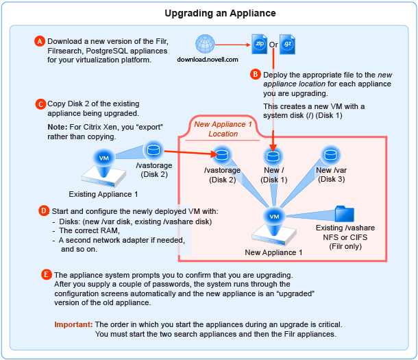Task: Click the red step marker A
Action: pyautogui.click(x=40, y=41)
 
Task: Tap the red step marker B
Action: pyautogui.click(x=256, y=73)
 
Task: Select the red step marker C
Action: pyautogui.click(x=40, y=104)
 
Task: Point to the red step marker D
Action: pyautogui.click(x=45, y=210)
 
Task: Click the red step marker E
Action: pyautogui.click(x=47, y=275)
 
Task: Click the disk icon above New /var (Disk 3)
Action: pyautogui.click(x=331, y=154)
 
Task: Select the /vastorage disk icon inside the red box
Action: pyautogui.click(x=222, y=154)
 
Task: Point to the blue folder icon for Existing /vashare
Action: pyautogui.click(x=345, y=214)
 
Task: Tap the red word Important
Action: pyautogui.click(x=73, y=324)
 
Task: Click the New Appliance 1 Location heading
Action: pyautogui.click(x=224, y=129)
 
